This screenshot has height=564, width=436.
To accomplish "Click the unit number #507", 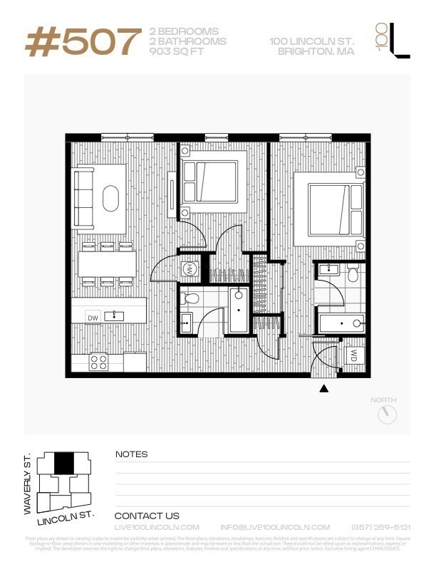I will (83, 42).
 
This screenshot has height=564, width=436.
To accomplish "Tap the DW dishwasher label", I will (93, 316).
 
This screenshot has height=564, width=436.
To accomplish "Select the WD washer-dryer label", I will (354, 354).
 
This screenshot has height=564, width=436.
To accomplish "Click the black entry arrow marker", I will (324, 389).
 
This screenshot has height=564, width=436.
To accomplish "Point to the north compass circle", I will (387, 414).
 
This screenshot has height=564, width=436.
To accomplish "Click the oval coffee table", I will (111, 199).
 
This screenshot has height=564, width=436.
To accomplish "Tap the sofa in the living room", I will (85, 199).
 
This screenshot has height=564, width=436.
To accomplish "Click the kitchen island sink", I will (113, 315).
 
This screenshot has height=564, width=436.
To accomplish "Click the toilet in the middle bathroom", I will (190, 298).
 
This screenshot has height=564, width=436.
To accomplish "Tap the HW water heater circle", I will (190, 269).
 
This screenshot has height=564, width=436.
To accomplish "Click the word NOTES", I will (132, 454).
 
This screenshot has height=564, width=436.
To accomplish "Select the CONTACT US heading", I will (147, 516).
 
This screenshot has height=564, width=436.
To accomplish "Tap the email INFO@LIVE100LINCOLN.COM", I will (275, 527).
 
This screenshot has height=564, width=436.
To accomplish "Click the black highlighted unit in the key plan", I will (64, 464).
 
